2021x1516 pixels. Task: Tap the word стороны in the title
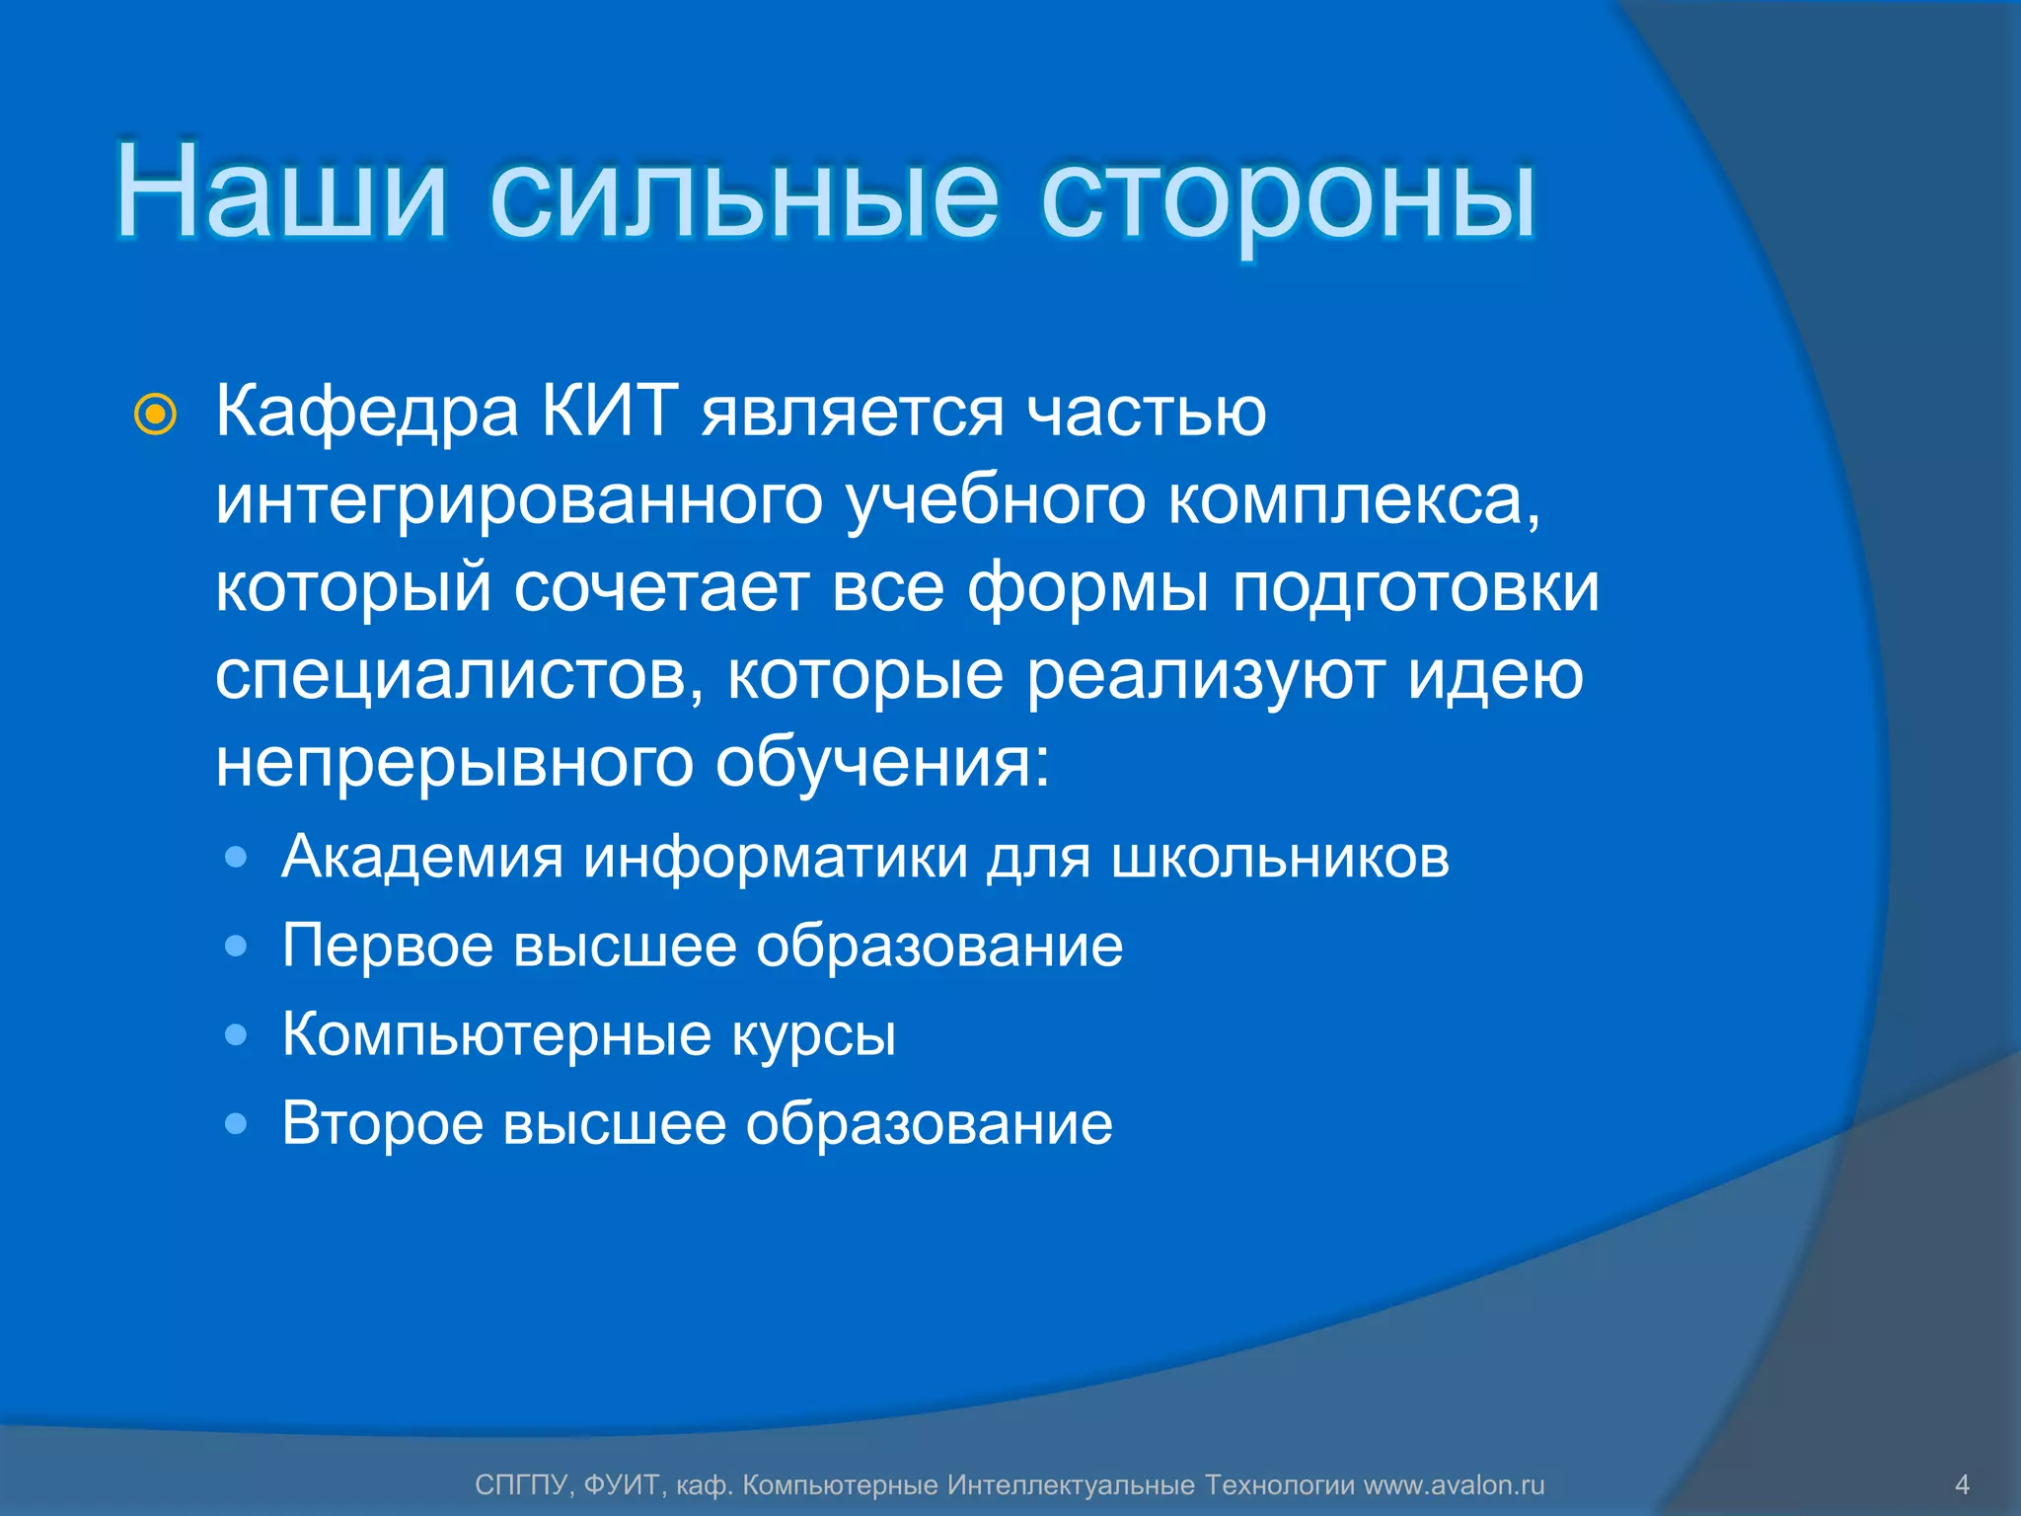point(1288,197)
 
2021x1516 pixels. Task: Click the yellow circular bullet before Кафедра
point(155,416)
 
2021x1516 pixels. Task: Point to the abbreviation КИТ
point(610,411)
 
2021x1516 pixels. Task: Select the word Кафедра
point(367,413)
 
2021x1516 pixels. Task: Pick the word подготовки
point(1415,589)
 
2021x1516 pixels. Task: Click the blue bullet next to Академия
point(236,858)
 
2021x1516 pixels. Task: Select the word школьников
point(1280,857)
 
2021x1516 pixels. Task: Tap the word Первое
point(387,947)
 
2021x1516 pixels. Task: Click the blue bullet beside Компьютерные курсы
point(236,1035)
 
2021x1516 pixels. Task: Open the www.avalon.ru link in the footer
point(1454,1485)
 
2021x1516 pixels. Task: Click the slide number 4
point(1962,1484)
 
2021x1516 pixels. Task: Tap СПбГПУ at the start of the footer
point(521,1485)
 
